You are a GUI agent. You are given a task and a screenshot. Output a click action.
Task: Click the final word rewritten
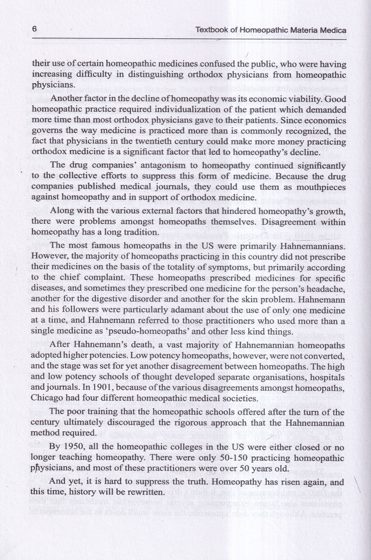[142, 492]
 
